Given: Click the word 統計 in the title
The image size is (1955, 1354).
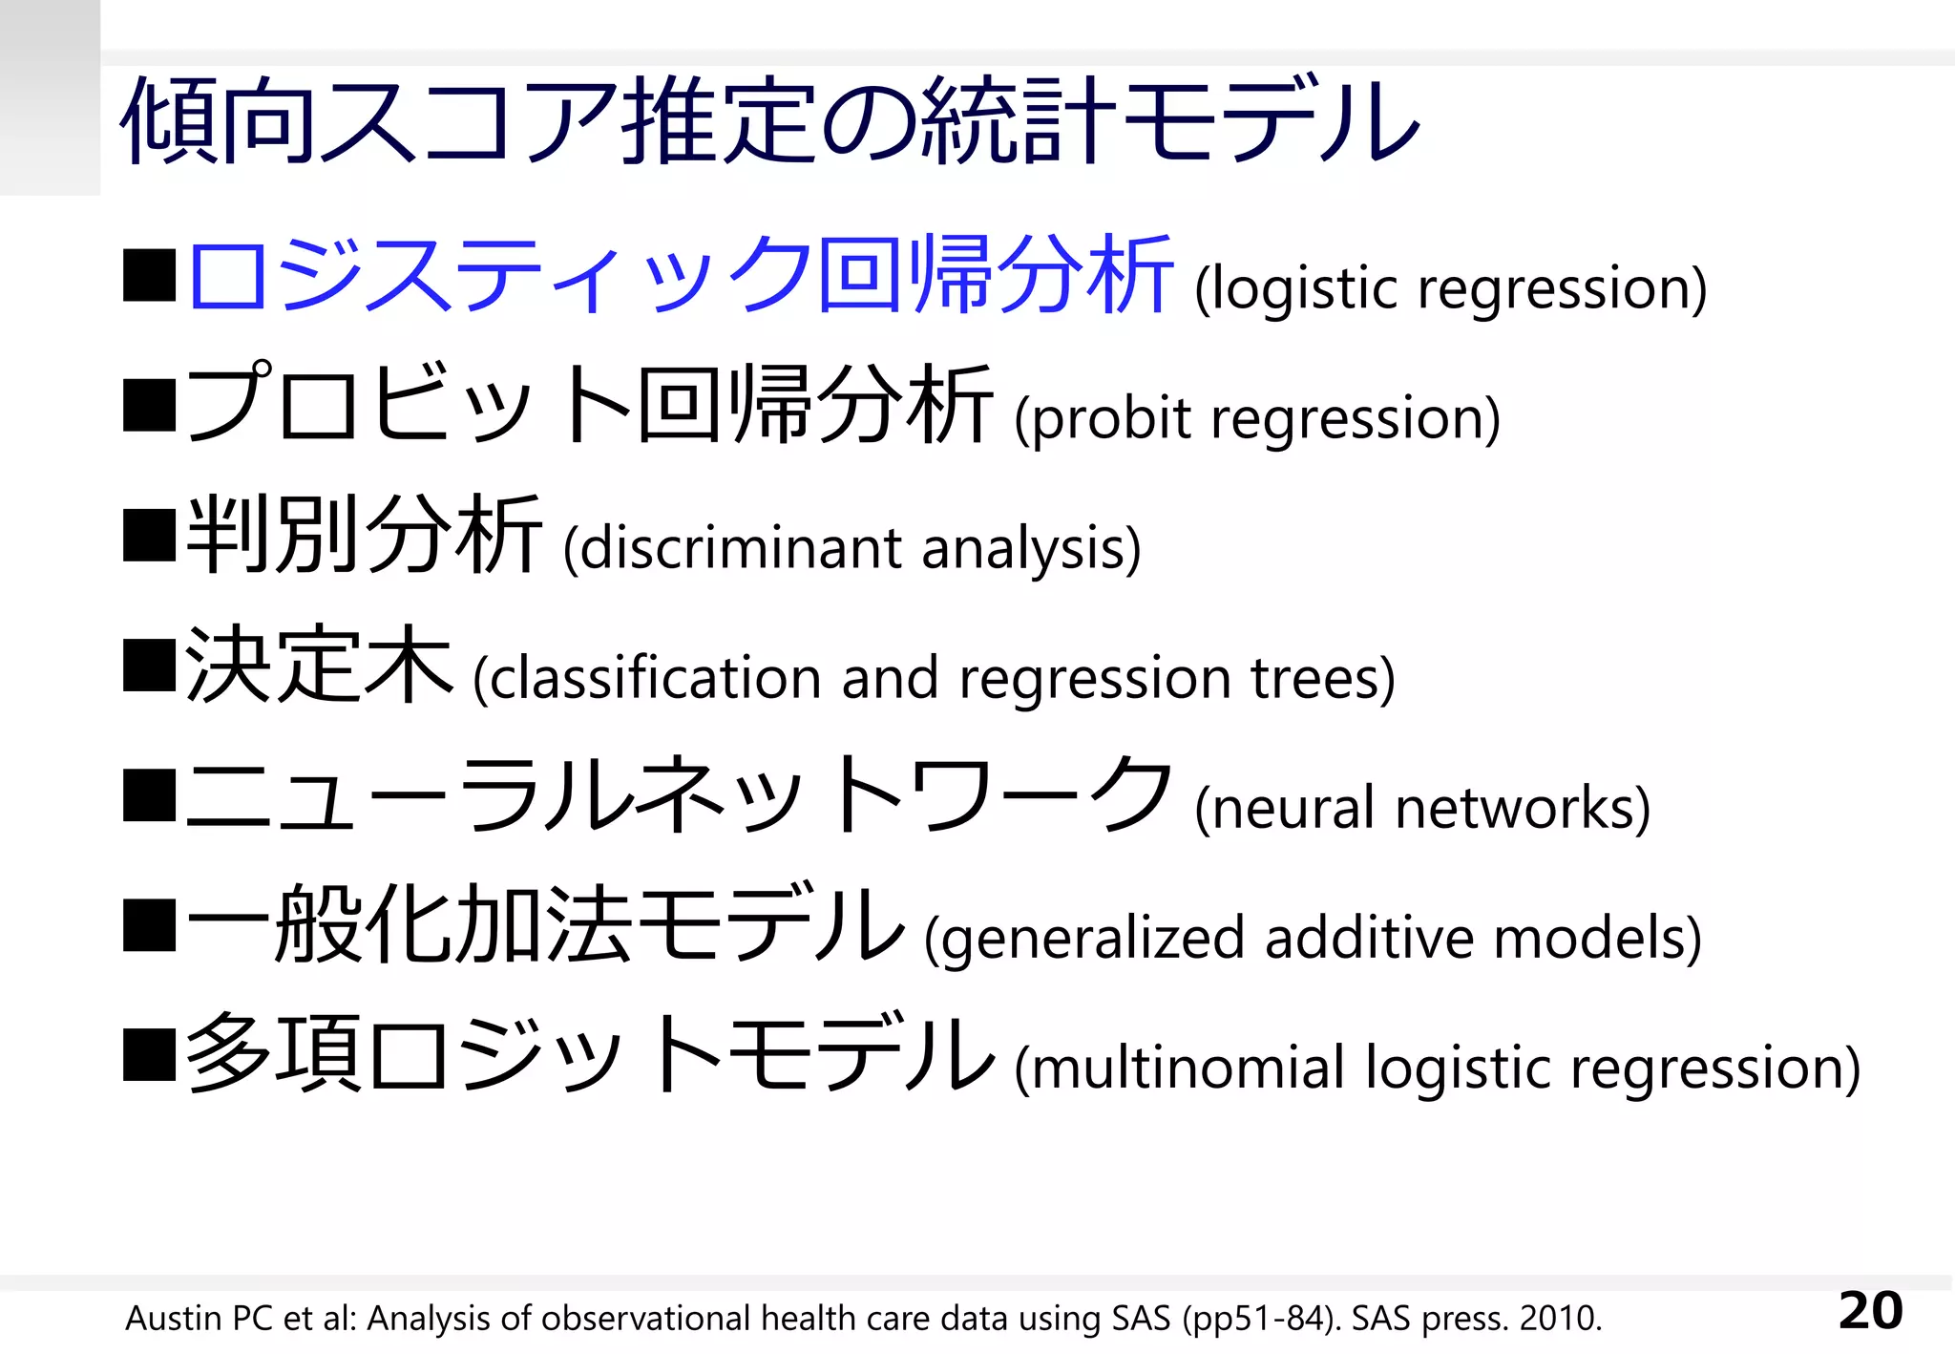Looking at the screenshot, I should click(1019, 122).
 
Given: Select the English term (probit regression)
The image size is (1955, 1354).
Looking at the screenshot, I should click(1257, 418).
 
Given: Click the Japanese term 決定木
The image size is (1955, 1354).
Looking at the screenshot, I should click(319, 665).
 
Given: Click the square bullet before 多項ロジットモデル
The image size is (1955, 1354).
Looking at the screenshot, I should click(150, 1054).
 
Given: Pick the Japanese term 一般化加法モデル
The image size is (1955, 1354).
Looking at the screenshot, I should click(545, 924).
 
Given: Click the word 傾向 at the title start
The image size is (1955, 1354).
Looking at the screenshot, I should click(218, 122).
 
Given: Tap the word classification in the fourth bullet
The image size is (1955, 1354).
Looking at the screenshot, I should click(656, 678).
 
